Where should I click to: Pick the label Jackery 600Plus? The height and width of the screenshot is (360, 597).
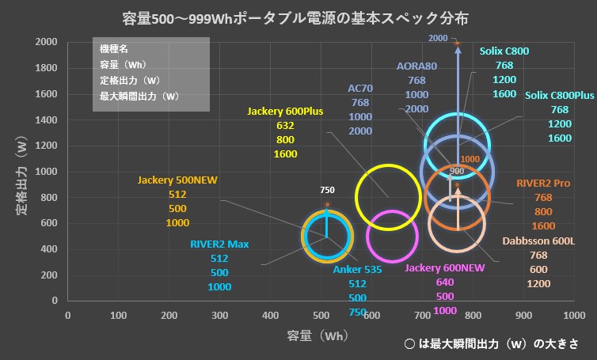(x=285, y=112)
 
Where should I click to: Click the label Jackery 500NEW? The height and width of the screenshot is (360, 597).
(x=177, y=180)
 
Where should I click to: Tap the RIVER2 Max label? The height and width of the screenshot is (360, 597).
(x=219, y=244)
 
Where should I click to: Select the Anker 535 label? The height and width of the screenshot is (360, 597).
(x=357, y=270)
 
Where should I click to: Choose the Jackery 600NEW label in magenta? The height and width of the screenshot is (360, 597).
(x=444, y=268)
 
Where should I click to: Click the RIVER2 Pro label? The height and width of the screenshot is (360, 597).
(x=543, y=183)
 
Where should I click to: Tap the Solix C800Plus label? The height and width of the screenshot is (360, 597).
(x=559, y=96)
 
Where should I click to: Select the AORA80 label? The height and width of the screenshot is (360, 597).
(x=416, y=66)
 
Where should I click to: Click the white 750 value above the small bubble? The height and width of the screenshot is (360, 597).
(x=328, y=191)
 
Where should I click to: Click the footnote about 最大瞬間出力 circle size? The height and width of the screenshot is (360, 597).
(x=489, y=345)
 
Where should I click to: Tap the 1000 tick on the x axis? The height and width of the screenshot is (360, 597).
(x=574, y=315)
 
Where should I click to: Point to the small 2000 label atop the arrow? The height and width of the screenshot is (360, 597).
(x=438, y=38)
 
